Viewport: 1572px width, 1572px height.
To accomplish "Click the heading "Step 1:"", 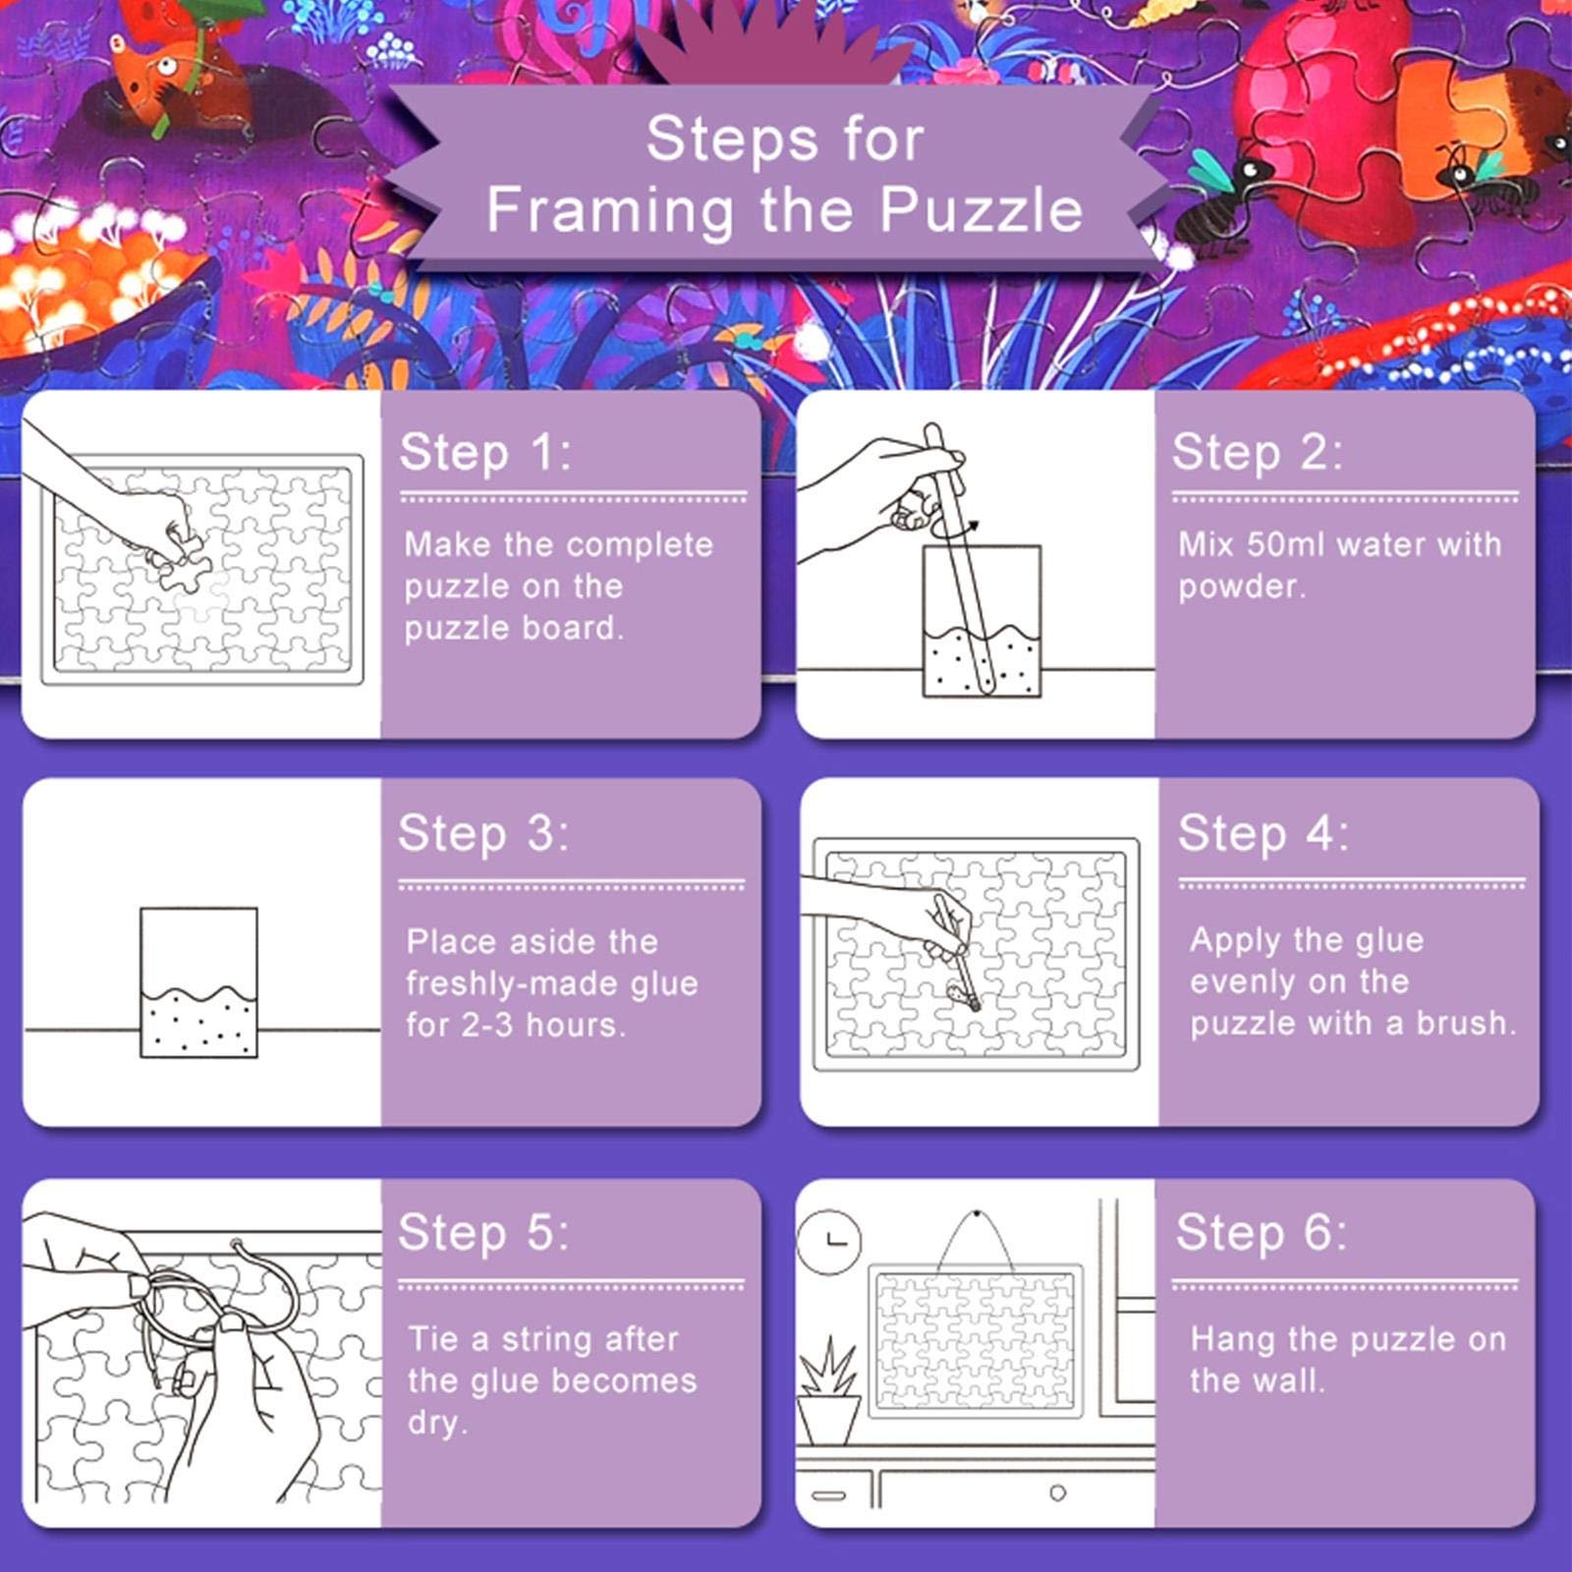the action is click(484, 453).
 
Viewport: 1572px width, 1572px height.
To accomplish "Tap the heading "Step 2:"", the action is click(1257, 453).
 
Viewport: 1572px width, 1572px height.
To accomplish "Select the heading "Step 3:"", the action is click(483, 834).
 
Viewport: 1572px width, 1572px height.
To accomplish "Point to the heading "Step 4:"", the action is click(1263, 834).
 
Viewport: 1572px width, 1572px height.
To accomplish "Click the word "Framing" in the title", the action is click(610, 211).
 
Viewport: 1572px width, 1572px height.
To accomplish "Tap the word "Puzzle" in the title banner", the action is click(981, 209).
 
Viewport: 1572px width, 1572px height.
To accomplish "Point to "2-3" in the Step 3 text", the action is click(487, 1025).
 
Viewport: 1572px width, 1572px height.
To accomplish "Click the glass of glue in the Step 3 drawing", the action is click(199, 982).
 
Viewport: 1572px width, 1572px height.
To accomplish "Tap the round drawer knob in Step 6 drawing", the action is click(1057, 1493).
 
